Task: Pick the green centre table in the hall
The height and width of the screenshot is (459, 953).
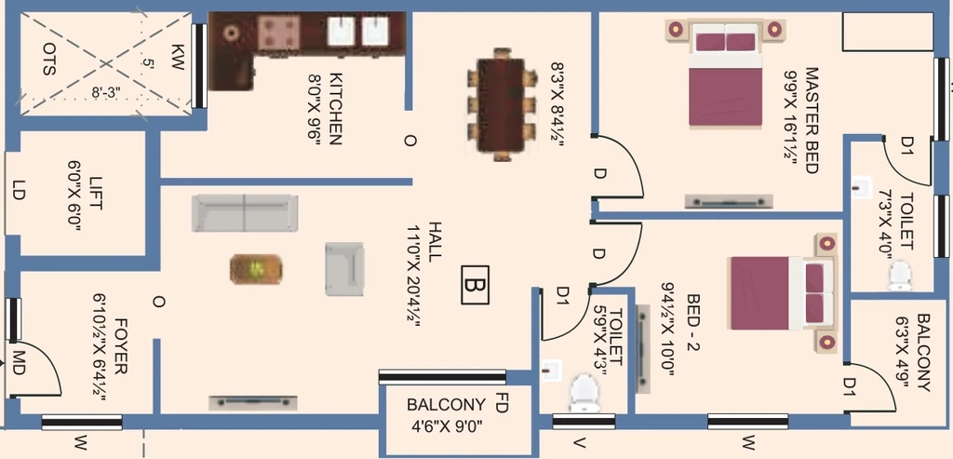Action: tap(255, 269)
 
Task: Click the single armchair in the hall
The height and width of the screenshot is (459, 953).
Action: tap(343, 268)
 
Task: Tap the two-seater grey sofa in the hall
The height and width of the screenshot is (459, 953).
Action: tap(244, 213)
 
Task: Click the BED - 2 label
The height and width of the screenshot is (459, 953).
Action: tap(693, 322)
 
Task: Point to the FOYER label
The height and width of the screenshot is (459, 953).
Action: tap(121, 345)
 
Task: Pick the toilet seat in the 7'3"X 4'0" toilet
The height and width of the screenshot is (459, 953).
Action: tap(899, 276)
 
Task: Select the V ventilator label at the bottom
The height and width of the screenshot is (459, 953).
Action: tap(579, 443)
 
